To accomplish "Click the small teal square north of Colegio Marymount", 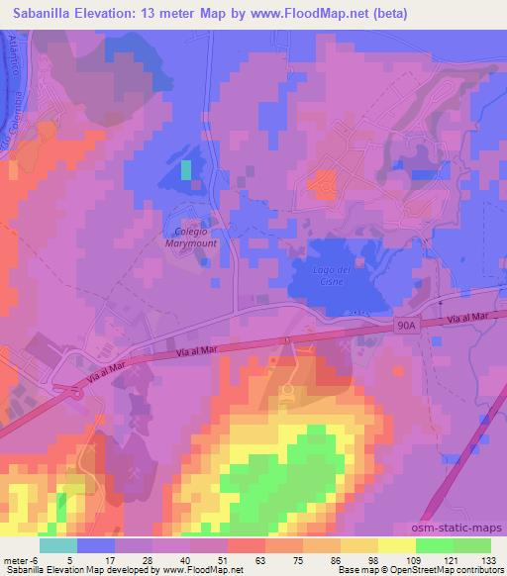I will (x=185, y=169).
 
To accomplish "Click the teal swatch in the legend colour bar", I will (x=58, y=544).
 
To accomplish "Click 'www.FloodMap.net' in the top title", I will (x=297, y=14).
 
